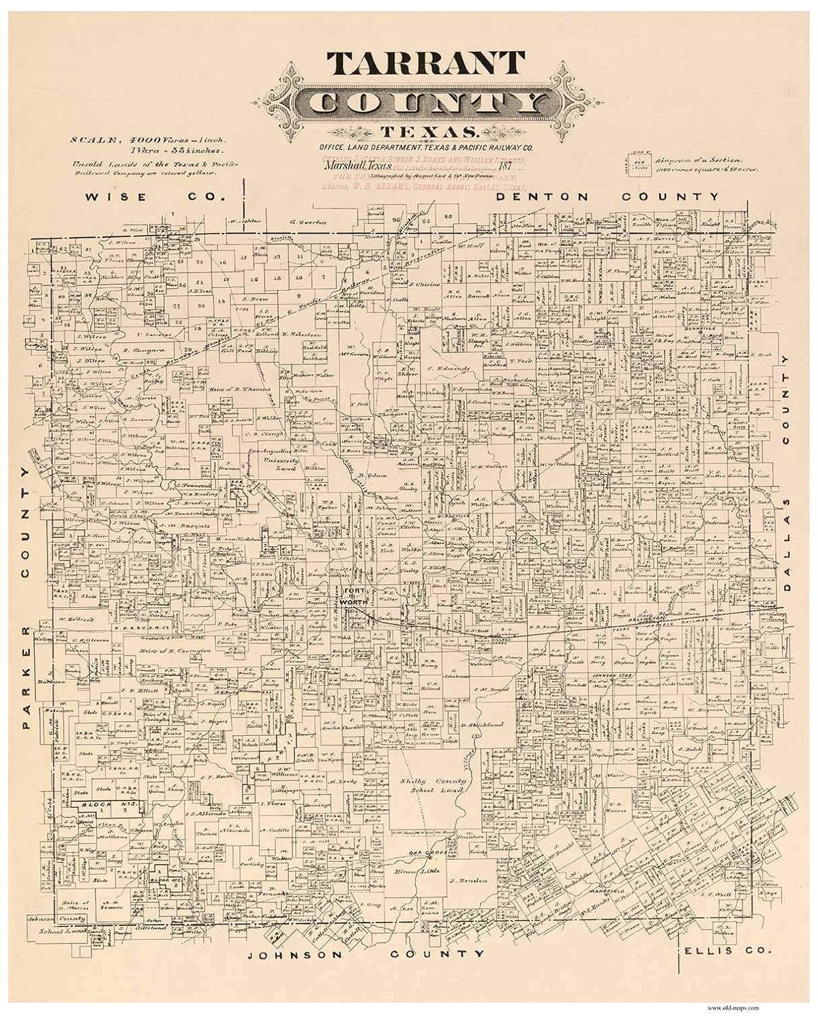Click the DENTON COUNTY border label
607,197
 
